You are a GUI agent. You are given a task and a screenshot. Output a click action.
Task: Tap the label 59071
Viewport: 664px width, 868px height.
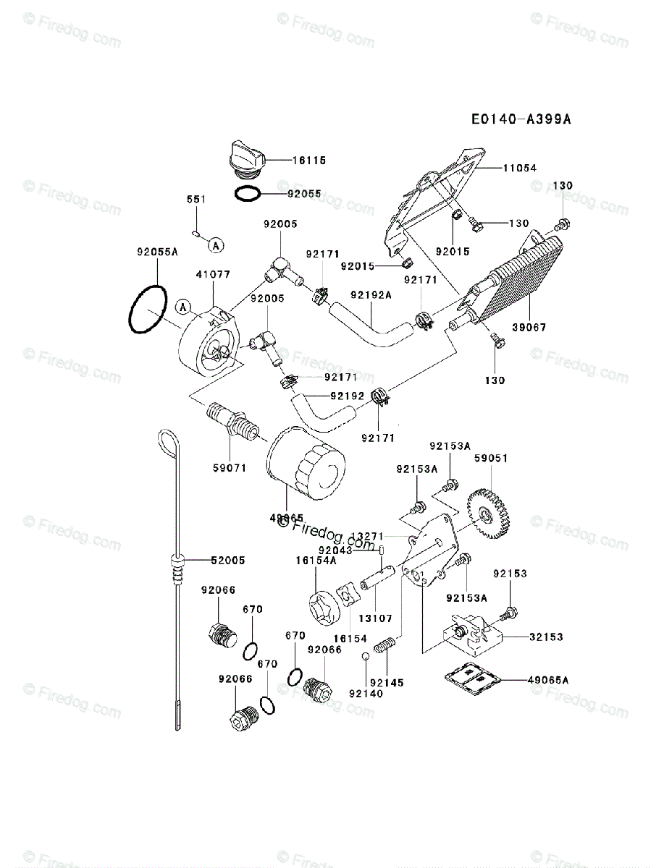tap(230, 468)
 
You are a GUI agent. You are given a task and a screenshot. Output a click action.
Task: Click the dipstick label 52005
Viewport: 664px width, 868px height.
tap(228, 560)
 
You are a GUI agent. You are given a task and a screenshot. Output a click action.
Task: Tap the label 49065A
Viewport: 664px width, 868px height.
tap(548, 680)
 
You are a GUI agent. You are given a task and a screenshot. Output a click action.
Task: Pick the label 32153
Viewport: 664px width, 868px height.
tap(546, 637)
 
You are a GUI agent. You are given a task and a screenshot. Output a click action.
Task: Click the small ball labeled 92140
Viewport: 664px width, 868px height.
tap(366, 656)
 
